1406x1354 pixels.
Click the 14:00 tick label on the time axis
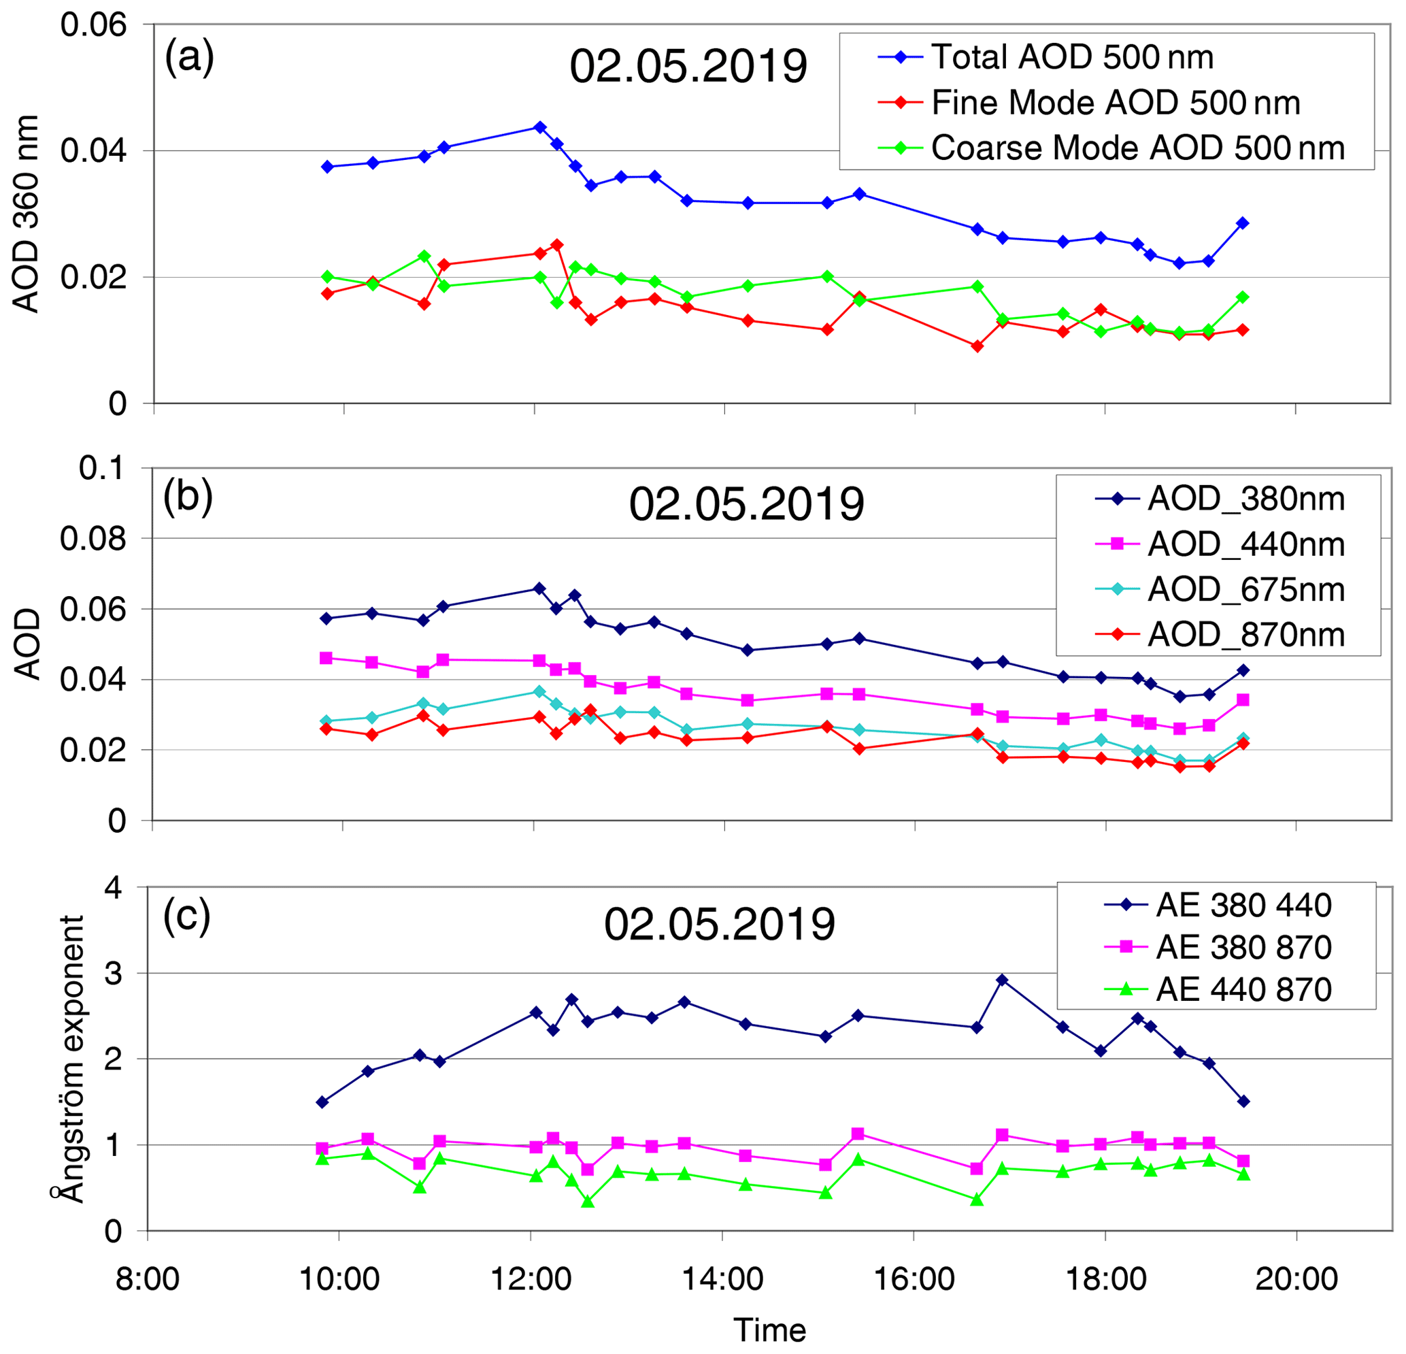click(x=722, y=1278)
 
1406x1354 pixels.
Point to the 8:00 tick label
click(x=147, y=1278)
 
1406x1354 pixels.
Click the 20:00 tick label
click(x=1296, y=1278)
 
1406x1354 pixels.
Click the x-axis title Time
click(x=770, y=1330)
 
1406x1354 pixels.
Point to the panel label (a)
click(x=189, y=57)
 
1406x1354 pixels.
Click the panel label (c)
click(x=186, y=917)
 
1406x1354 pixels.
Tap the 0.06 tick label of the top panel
click(x=93, y=24)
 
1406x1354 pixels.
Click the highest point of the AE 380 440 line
click(x=1003, y=980)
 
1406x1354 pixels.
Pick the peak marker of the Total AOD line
click(x=540, y=127)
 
